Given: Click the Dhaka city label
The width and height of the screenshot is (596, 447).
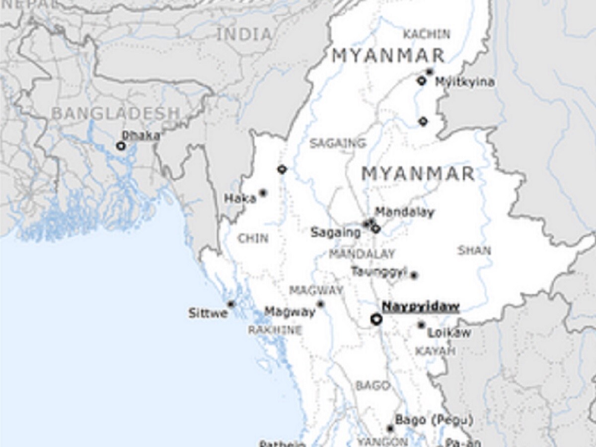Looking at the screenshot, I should (142, 135).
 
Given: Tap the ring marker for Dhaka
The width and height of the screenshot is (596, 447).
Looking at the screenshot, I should (121, 146).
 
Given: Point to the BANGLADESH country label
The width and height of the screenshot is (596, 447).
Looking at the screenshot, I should (115, 113).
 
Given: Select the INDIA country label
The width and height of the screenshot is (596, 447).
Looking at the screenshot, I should (245, 34).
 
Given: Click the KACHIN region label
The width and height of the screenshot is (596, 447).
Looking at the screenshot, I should (427, 34).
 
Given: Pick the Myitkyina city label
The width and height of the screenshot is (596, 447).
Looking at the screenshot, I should (465, 82).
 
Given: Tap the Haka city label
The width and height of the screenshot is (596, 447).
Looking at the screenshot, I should (240, 199).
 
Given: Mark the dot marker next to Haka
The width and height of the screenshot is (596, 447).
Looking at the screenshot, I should (263, 193).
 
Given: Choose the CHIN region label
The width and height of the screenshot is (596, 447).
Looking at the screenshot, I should (253, 238).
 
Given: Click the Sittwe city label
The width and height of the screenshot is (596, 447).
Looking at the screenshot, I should (208, 313).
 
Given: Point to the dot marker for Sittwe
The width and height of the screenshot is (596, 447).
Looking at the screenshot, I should (230, 304).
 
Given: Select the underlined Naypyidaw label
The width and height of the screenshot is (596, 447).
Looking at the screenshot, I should (420, 307).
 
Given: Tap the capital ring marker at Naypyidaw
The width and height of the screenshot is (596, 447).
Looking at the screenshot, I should (376, 319).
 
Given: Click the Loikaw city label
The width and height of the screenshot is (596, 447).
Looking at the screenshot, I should (449, 333).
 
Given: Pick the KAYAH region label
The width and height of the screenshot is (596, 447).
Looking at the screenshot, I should (435, 351).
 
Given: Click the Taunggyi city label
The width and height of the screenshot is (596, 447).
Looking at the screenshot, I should (379, 272).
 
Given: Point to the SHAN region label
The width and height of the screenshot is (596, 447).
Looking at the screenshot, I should (474, 250).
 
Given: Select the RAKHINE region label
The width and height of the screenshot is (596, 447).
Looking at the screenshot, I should (275, 330).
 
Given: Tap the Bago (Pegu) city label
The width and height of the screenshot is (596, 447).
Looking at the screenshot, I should (434, 420).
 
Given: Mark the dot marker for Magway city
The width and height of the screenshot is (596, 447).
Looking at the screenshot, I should (321, 304).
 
